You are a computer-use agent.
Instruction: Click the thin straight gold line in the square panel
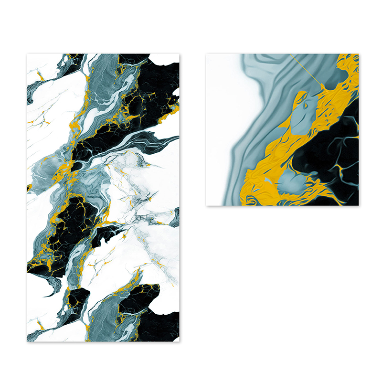(x=306, y=69)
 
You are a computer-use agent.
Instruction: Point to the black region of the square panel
(x=329, y=153)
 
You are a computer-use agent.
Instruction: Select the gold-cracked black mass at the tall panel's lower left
(x=72, y=224)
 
